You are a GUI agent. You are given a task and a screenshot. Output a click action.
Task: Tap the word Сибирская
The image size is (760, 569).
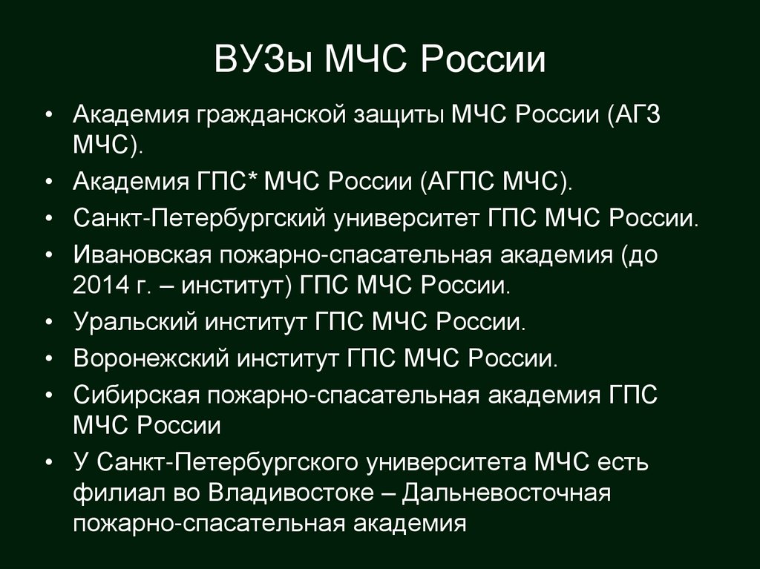(x=136, y=394)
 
